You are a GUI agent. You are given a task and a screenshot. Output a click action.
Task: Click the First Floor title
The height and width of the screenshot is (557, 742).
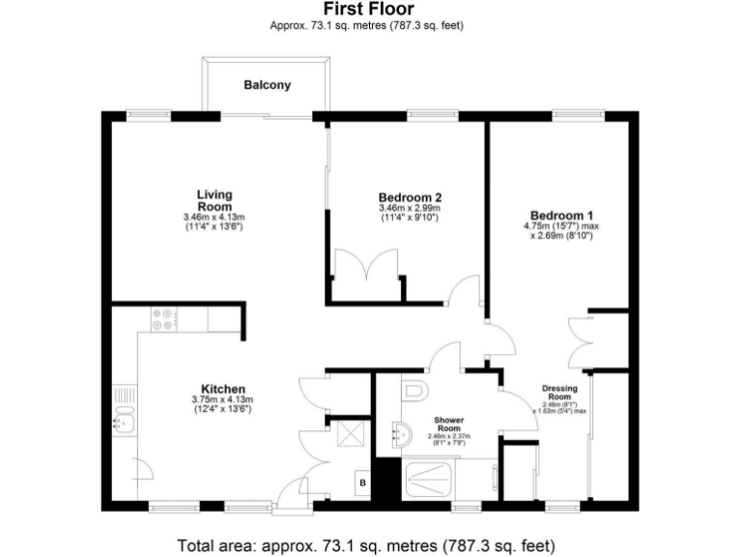click(x=367, y=10)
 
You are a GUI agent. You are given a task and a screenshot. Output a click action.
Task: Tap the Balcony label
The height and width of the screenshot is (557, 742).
click(x=268, y=85)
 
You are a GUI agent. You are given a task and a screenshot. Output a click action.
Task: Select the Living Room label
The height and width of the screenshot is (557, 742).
click(x=214, y=201)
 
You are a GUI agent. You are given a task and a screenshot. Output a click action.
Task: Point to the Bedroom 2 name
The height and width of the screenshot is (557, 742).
click(x=410, y=196)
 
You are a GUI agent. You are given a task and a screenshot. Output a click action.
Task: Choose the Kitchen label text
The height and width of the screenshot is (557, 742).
click(x=222, y=389)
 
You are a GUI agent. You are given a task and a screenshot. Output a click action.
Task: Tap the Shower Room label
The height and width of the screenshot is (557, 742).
click(x=448, y=425)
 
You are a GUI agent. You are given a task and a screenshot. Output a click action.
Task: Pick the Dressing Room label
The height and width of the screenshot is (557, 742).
click(x=561, y=393)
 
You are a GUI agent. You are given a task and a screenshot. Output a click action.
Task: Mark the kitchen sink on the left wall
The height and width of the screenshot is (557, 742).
click(x=122, y=420)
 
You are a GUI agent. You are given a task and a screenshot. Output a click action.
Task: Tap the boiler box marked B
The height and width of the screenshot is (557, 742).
click(x=362, y=482)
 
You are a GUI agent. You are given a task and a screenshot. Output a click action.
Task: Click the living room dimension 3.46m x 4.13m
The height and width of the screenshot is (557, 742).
click(x=214, y=218)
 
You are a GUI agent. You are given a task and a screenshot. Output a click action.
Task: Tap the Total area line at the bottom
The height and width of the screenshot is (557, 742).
click(x=367, y=545)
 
